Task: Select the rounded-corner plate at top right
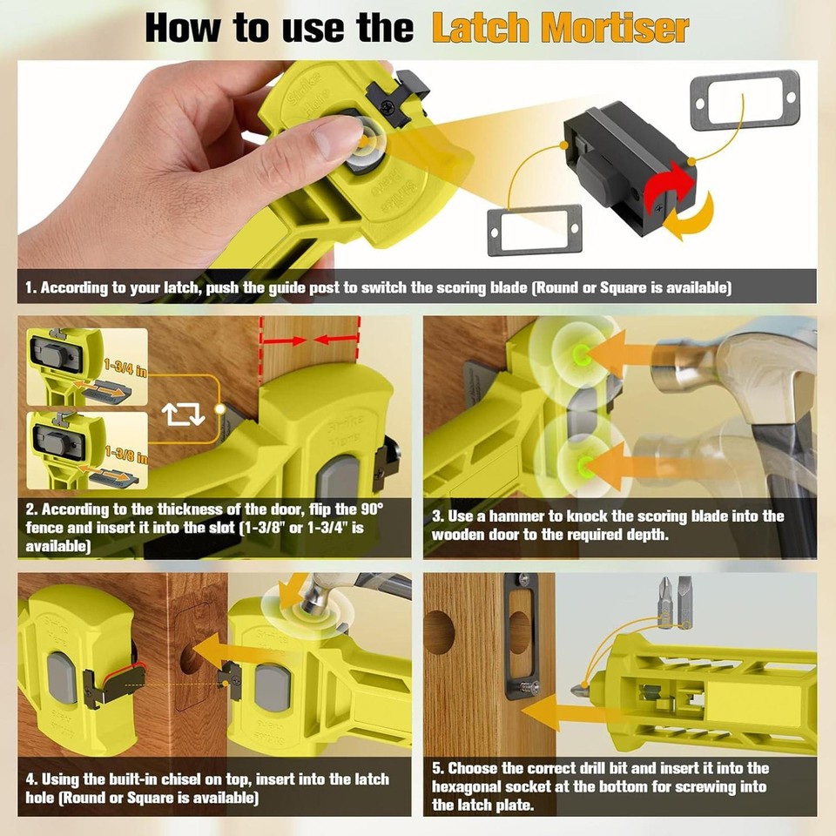745,101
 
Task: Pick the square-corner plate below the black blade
534,231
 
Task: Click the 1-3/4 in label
125,368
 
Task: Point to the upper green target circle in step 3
576,353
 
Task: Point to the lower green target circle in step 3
576,458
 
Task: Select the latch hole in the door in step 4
191,657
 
